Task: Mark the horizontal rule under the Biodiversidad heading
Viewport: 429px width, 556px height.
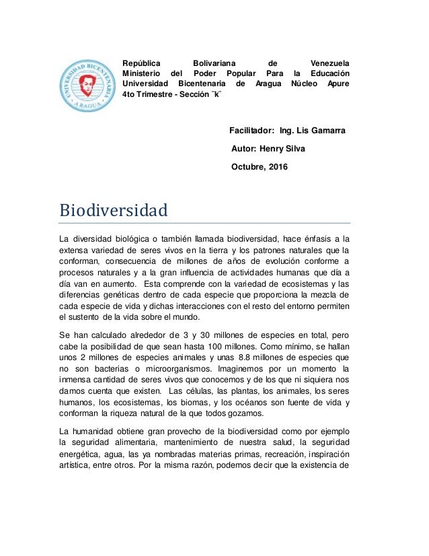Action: [x=205, y=222]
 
